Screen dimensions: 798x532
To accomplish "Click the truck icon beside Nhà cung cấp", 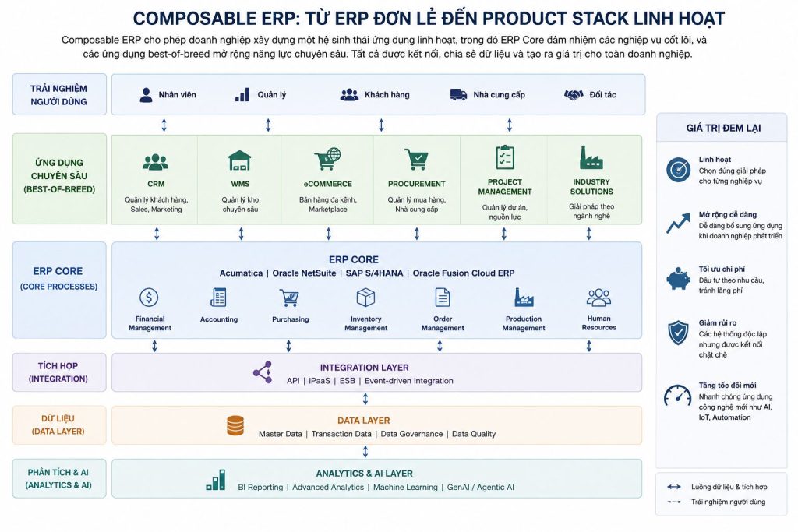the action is point(458,94).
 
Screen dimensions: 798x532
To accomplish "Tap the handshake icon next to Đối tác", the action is point(574,94).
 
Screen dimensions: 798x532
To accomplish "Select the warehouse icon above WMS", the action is point(240,160).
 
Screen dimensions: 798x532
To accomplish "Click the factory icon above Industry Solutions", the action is point(591,157).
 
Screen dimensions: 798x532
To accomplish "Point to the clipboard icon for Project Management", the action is point(505,157).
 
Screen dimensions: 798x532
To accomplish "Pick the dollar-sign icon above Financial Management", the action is point(149,297).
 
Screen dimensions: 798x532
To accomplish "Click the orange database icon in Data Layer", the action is point(235,426).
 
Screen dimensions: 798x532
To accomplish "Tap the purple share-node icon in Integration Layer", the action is point(263,372).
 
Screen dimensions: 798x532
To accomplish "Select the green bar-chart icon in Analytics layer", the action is point(216,480).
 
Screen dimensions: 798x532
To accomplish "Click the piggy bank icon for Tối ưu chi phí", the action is point(679,279).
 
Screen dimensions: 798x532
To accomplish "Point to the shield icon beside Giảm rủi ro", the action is point(678,333).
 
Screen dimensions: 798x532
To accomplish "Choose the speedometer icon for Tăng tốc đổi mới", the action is point(677,395).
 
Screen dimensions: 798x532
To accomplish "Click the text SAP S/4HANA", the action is point(374,273).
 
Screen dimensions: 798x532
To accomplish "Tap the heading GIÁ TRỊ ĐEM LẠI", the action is point(723,129).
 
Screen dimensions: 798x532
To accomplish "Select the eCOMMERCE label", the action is point(328,184).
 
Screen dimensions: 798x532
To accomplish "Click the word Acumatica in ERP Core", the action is point(241,273).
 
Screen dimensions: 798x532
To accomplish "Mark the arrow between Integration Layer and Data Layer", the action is point(365,399).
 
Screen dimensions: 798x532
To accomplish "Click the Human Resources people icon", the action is point(598,298).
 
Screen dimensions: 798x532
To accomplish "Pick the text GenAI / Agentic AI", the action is point(480,488).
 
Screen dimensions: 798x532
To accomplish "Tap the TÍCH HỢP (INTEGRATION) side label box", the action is point(59,372).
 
